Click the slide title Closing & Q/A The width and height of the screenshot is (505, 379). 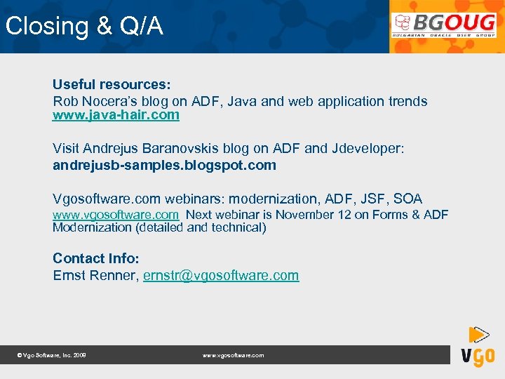84,27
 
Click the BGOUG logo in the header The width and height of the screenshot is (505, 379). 444,26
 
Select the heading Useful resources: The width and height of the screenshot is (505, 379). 112,85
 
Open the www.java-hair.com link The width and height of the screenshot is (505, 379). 116,115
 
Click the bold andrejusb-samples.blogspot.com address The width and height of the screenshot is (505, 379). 164,166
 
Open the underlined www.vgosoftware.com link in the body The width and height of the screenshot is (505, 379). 116,215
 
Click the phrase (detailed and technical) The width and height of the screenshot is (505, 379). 201,227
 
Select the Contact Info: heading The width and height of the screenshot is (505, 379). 96,258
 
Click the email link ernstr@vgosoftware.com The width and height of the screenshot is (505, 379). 221,275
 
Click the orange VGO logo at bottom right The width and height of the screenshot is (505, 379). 477,347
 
